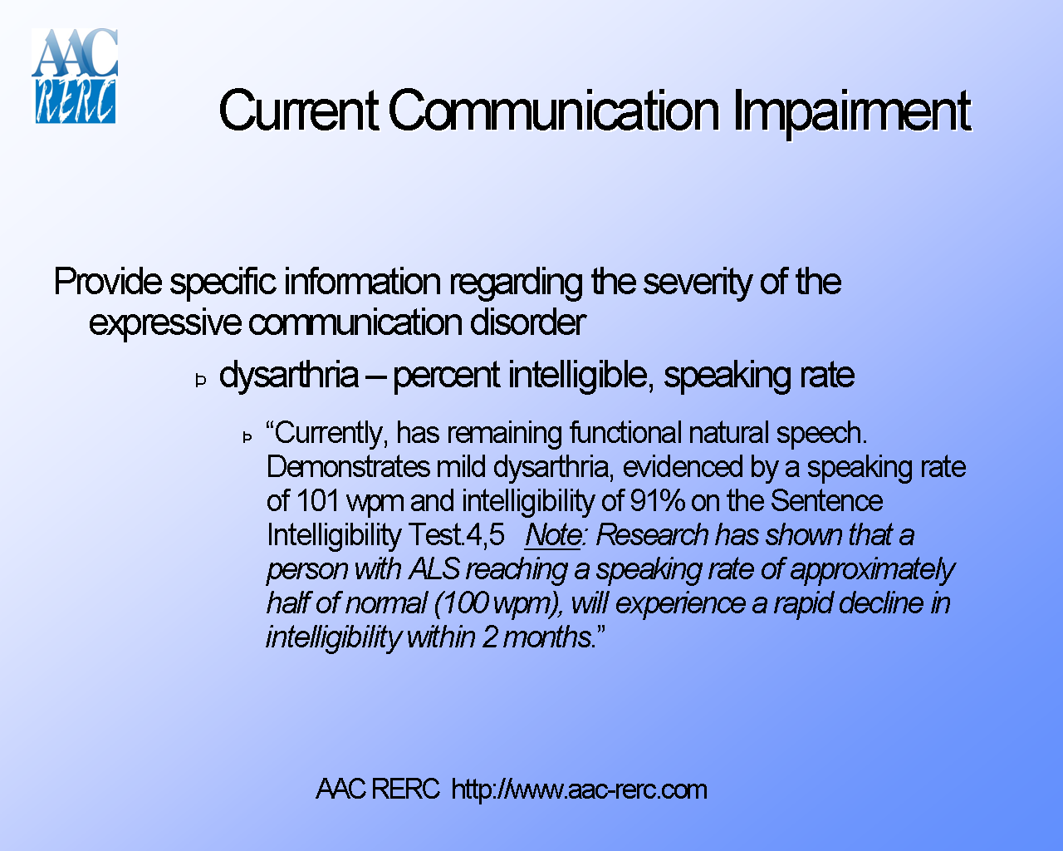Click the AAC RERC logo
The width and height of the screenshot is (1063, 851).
pos(75,76)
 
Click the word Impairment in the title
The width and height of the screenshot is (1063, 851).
pos(851,111)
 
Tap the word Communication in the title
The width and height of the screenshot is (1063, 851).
pos(553,111)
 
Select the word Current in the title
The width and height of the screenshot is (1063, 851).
pos(298,111)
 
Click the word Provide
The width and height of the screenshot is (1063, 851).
pos(108,283)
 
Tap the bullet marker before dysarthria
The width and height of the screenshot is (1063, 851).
pos(201,381)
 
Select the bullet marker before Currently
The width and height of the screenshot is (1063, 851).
pos(247,437)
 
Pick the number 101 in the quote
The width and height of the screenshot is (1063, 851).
pos(317,501)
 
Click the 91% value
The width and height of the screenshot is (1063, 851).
pos(657,501)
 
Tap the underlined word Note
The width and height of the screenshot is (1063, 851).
pos(553,535)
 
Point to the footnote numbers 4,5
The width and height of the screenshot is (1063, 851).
pos(485,535)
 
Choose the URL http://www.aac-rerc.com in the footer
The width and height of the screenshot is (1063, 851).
pos(579,789)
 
